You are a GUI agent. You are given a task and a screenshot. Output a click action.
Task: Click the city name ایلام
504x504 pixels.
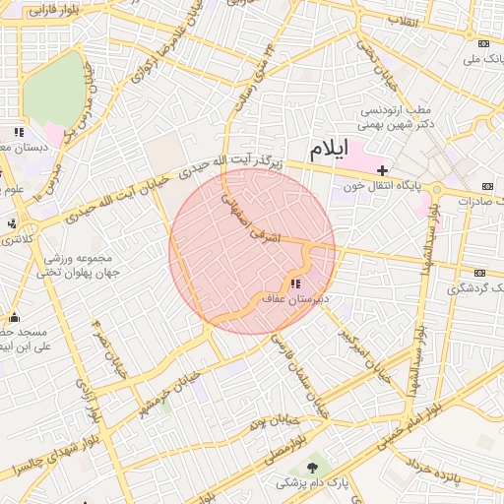(x=329, y=150)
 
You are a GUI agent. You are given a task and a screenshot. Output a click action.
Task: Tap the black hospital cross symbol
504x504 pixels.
(x=383, y=170)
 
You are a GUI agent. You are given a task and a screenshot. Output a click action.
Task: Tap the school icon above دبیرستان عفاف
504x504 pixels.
(x=296, y=283)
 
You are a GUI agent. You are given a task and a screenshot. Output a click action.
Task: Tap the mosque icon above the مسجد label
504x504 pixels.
(x=14, y=317)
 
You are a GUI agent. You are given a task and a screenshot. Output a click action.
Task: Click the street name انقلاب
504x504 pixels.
(x=403, y=21)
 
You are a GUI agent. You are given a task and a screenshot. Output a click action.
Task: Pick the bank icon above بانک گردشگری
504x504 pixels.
(x=480, y=273)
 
